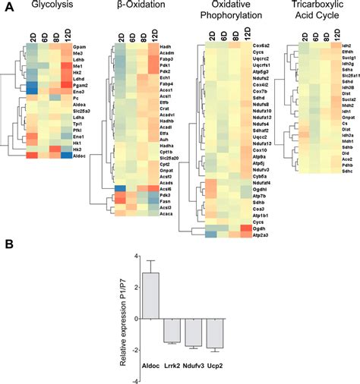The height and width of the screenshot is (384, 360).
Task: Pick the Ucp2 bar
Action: [216, 335]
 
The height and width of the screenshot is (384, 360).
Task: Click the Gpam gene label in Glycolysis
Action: [78, 47]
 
